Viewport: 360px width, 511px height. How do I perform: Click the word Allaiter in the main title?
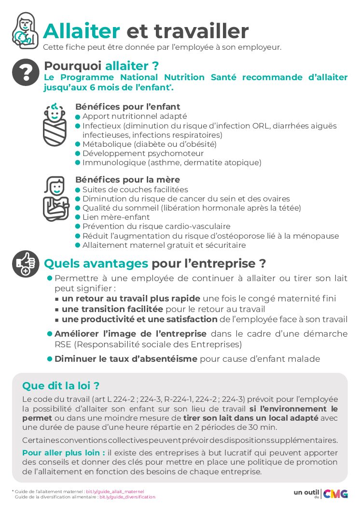[81, 31]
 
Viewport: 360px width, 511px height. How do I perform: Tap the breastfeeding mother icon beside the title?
[24, 30]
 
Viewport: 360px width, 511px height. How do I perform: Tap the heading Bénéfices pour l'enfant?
[128, 107]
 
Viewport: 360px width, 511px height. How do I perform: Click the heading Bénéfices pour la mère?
[127, 180]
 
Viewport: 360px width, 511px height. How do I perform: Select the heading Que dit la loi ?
[61, 386]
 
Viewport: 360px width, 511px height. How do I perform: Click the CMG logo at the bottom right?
[335, 493]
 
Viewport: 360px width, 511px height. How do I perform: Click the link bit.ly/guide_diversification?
[127, 497]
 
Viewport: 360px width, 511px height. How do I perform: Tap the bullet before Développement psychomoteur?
[78, 154]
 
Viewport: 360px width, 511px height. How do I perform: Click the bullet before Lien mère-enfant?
[78, 218]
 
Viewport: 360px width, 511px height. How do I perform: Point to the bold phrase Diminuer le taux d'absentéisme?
[126, 359]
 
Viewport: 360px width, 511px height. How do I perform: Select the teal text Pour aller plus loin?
[64, 453]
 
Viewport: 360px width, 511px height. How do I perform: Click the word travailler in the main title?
[188, 31]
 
